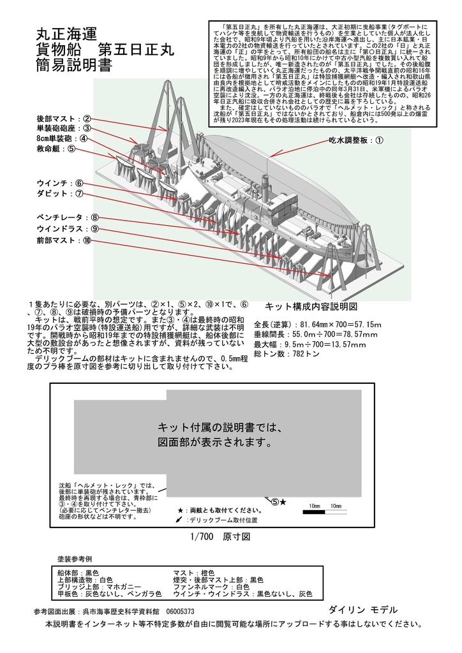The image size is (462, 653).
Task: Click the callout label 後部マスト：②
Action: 64,118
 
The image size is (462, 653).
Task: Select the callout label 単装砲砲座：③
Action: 64,128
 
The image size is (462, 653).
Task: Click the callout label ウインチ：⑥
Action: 60,184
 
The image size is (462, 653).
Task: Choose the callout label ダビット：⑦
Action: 60,194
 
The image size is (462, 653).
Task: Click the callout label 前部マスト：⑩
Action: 64,240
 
